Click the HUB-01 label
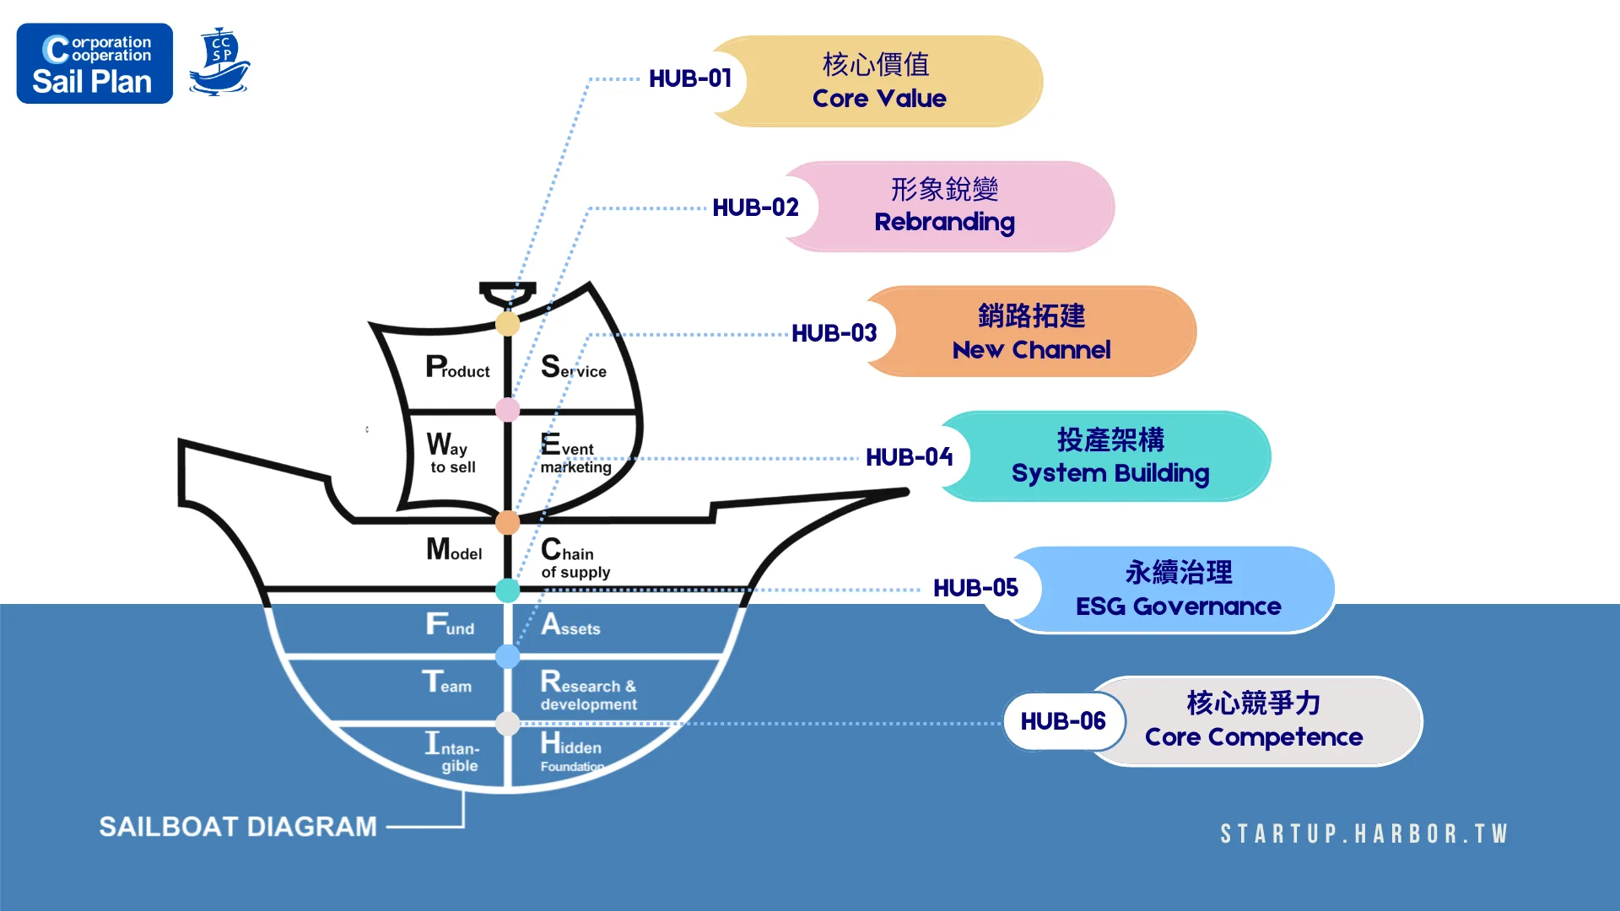click(689, 78)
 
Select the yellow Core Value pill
click(879, 81)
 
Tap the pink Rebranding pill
click(945, 206)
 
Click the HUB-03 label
click(834, 333)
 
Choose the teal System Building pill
click(1110, 456)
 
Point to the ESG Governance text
click(1178, 606)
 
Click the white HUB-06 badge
click(1063, 721)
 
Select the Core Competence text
click(1253, 737)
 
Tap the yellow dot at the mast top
click(507, 323)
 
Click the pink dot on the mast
click(507, 410)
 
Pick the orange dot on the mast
click(507, 522)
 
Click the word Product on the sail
click(457, 368)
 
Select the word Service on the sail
click(574, 368)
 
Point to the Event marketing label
click(575, 455)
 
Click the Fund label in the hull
click(450, 625)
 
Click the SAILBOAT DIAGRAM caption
click(238, 827)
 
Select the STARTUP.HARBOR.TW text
click(1363, 834)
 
